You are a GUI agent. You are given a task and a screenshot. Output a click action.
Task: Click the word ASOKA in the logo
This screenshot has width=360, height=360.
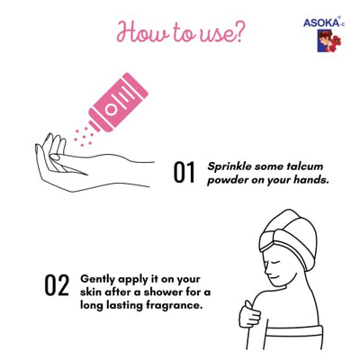pyautogui.click(x=320, y=22)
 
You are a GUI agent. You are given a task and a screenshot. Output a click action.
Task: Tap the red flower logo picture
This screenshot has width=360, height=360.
pyautogui.click(x=329, y=40)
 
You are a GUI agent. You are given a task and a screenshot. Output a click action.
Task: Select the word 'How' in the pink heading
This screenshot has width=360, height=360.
pyautogui.click(x=140, y=31)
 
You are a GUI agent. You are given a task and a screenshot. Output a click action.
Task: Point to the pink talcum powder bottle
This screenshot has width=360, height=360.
pyautogui.click(x=119, y=102)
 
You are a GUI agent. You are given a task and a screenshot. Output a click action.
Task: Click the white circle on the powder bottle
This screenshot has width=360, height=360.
pyautogui.click(x=112, y=110)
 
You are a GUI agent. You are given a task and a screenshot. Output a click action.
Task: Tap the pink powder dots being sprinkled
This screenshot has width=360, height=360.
pyautogui.click(x=84, y=137)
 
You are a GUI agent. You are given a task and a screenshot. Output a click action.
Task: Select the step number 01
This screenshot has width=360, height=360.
pyautogui.click(x=184, y=172)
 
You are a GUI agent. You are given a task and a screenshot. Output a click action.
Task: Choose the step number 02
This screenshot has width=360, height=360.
pyautogui.click(x=57, y=284)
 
